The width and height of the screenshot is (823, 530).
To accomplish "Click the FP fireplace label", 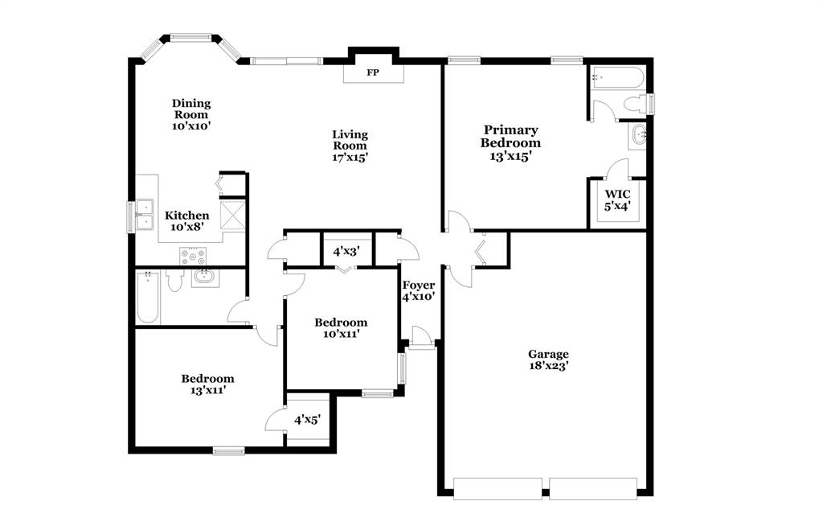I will point(372,73).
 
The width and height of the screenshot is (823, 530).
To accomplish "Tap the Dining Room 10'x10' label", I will point(191,114).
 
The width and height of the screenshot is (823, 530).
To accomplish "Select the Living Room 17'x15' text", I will point(350,146).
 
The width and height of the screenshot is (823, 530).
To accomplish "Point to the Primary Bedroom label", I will point(510,143).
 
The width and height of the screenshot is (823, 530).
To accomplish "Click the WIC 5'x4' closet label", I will point(617,199).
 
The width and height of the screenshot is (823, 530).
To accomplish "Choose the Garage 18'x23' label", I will point(548,359).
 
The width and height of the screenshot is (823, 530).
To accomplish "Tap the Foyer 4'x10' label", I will point(419,290).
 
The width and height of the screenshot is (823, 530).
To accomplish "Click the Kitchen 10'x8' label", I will point(187,221).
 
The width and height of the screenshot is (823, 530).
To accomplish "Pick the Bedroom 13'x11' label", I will point(207,384).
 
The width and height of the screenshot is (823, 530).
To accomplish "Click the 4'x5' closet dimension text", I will point(308,420).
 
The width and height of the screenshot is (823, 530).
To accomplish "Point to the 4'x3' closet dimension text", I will point(346,251).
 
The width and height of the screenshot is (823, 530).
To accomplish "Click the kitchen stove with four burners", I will point(194,257).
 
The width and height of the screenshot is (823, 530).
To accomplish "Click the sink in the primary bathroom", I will point(639,135).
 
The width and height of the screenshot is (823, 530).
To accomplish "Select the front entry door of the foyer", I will point(420,337).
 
